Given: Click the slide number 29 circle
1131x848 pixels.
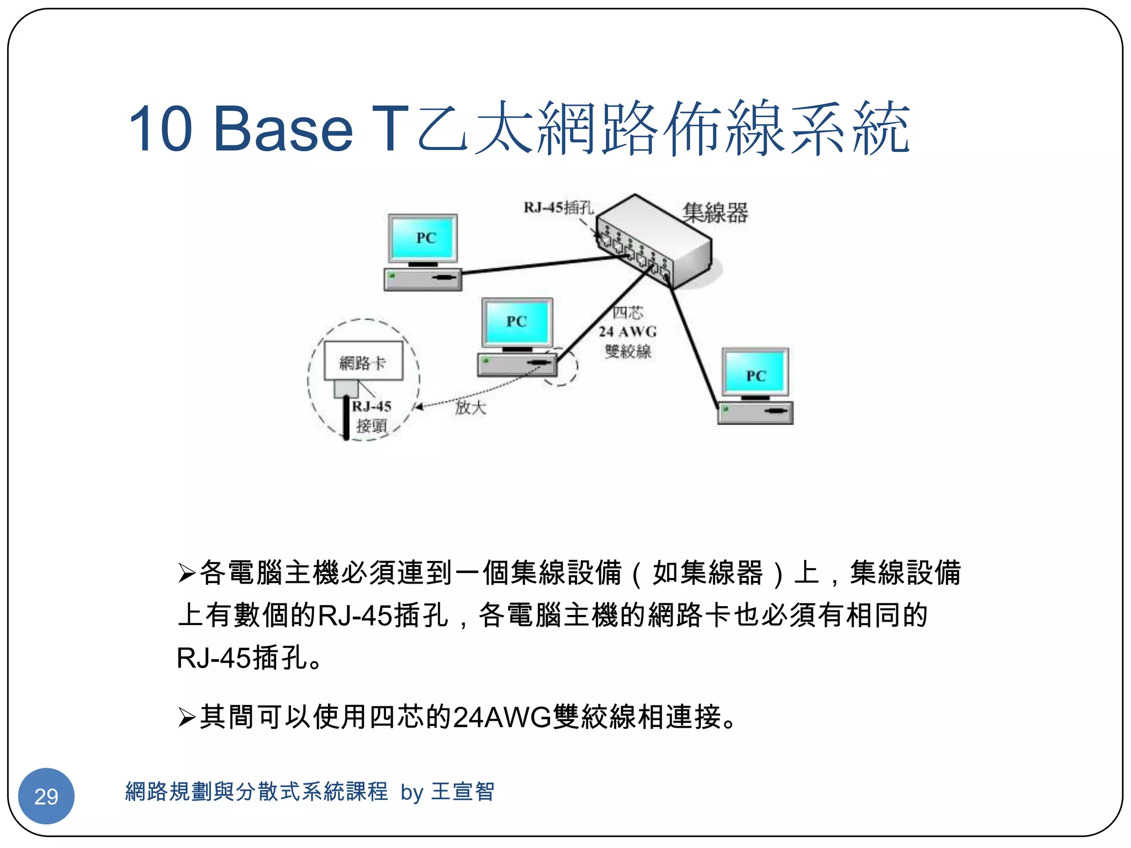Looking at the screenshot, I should click(x=46, y=796).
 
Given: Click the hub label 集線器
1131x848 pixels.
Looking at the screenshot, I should click(x=715, y=213).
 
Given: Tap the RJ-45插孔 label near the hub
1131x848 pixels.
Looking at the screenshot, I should click(x=558, y=208).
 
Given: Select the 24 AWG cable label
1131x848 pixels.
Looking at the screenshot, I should click(x=627, y=332).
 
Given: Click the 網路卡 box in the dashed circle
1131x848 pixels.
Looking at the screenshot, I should click(x=363, y=361).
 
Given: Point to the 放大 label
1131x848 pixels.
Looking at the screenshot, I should click(x=471, y=407).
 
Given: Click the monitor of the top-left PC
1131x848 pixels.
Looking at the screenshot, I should click(x=423, y=239).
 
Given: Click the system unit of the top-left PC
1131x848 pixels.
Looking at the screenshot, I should click(x=423, y=278).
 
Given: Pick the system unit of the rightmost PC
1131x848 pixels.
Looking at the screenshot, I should click(x=755, y=412).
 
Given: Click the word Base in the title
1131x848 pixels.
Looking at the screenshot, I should click(x=283, y=129).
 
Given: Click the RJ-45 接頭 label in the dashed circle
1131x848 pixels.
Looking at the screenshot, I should click(x=372, y=416).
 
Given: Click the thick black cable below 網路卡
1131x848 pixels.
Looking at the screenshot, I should click(x=346, y=417).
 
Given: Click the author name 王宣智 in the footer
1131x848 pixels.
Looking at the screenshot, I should click(x=463, y=792).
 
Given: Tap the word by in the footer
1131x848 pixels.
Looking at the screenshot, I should click(x=411, y=793).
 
